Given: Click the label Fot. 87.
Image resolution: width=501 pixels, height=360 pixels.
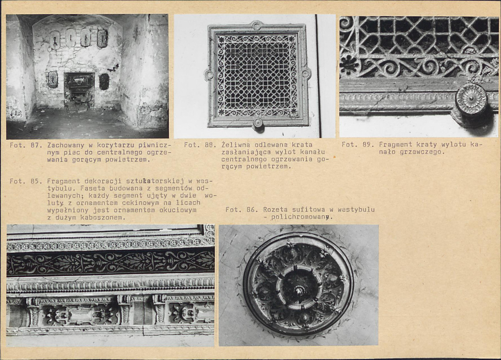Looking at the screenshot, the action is pyautogui.click(x=26, y=145).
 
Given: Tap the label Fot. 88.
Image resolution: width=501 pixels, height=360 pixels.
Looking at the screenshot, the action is pyautogui.click(x=200, y=145).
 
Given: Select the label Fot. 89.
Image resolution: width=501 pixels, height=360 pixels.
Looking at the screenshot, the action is pyautogui.click(x=358, y=144).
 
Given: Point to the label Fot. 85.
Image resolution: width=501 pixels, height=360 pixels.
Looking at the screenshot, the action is pyautogui.click(x=26, y=181).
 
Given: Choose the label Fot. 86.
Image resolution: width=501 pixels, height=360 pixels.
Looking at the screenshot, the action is pyautogui.click(x=242, y=210).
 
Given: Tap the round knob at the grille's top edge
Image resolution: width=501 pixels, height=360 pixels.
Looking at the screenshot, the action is pyautogui.click(x=256, y=25).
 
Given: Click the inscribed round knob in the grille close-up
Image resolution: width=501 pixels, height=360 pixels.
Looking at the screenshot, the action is pyautogui.click(x=470, y=99).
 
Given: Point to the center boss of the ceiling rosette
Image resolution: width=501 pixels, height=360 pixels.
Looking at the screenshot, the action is pyautogui.click(x=299, y=290).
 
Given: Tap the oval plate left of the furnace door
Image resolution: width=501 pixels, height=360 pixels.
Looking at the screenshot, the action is pyautogui.click(x=53, y=79).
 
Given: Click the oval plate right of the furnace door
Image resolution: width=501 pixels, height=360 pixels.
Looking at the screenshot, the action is pyautogui.click(x=104, y=82).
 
